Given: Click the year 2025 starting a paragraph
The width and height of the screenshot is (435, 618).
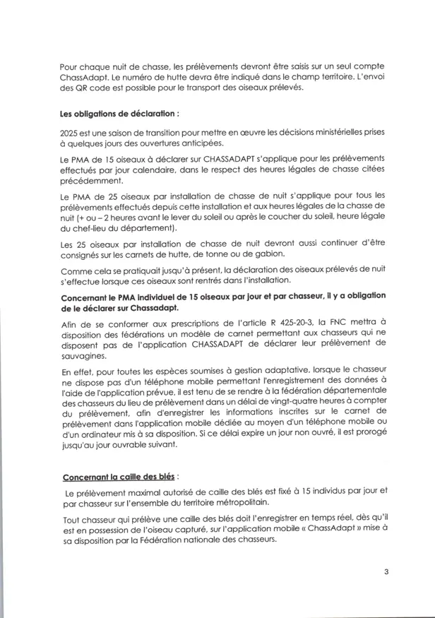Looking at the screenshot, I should pyautogui.click(x=71, y=133).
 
